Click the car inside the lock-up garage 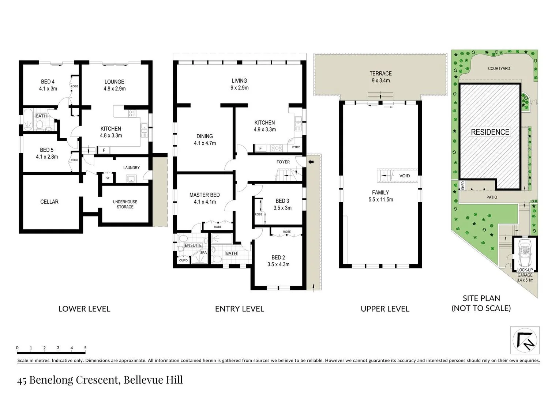[x=525, y=252]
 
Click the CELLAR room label [x=49, y=202]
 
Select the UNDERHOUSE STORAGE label [x=125, y=204]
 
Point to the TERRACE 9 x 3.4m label [x=380, y=77]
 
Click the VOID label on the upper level [x=404, y=176]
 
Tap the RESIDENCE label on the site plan [x=490, y=132]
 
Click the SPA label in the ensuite [x=203, y=253]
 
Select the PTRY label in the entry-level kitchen [x=296, y=147]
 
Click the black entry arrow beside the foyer [x=311, y=162]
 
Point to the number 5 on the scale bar [x=85, y=348]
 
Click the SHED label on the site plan [x=463, y=185]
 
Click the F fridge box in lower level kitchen [x=104, y=150]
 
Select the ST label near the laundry [x=108, y=178]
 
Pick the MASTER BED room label [x=205, y=195]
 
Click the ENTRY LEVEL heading [x=239, y=309]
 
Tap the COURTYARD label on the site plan [x=499, y=68]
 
